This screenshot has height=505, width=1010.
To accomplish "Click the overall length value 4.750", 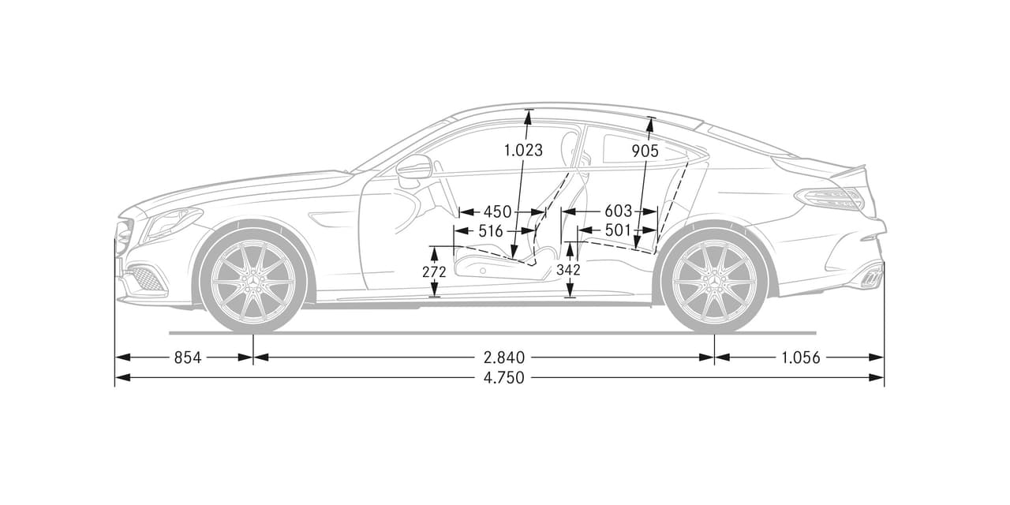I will point(503,378).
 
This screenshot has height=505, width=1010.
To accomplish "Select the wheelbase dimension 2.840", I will point(503,357).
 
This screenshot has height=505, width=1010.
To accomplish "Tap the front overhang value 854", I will point(187,357).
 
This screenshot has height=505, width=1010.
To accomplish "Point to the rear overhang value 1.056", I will point(801,357).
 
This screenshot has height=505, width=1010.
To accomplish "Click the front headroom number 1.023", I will point(523,150).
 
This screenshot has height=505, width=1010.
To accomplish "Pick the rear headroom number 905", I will point(646,151).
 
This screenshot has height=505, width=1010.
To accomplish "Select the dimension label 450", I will point(497,211).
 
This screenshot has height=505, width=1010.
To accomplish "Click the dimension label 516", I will point(491,231).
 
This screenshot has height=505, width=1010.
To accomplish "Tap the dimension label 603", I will point(618,211).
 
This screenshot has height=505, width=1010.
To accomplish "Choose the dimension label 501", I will point(618,230).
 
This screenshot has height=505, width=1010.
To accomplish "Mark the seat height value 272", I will point(434,272).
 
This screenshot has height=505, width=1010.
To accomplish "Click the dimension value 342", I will point(569,270).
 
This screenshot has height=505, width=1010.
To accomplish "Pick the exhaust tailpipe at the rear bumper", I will point(871,277).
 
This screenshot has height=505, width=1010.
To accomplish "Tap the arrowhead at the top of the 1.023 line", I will point(528,115).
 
